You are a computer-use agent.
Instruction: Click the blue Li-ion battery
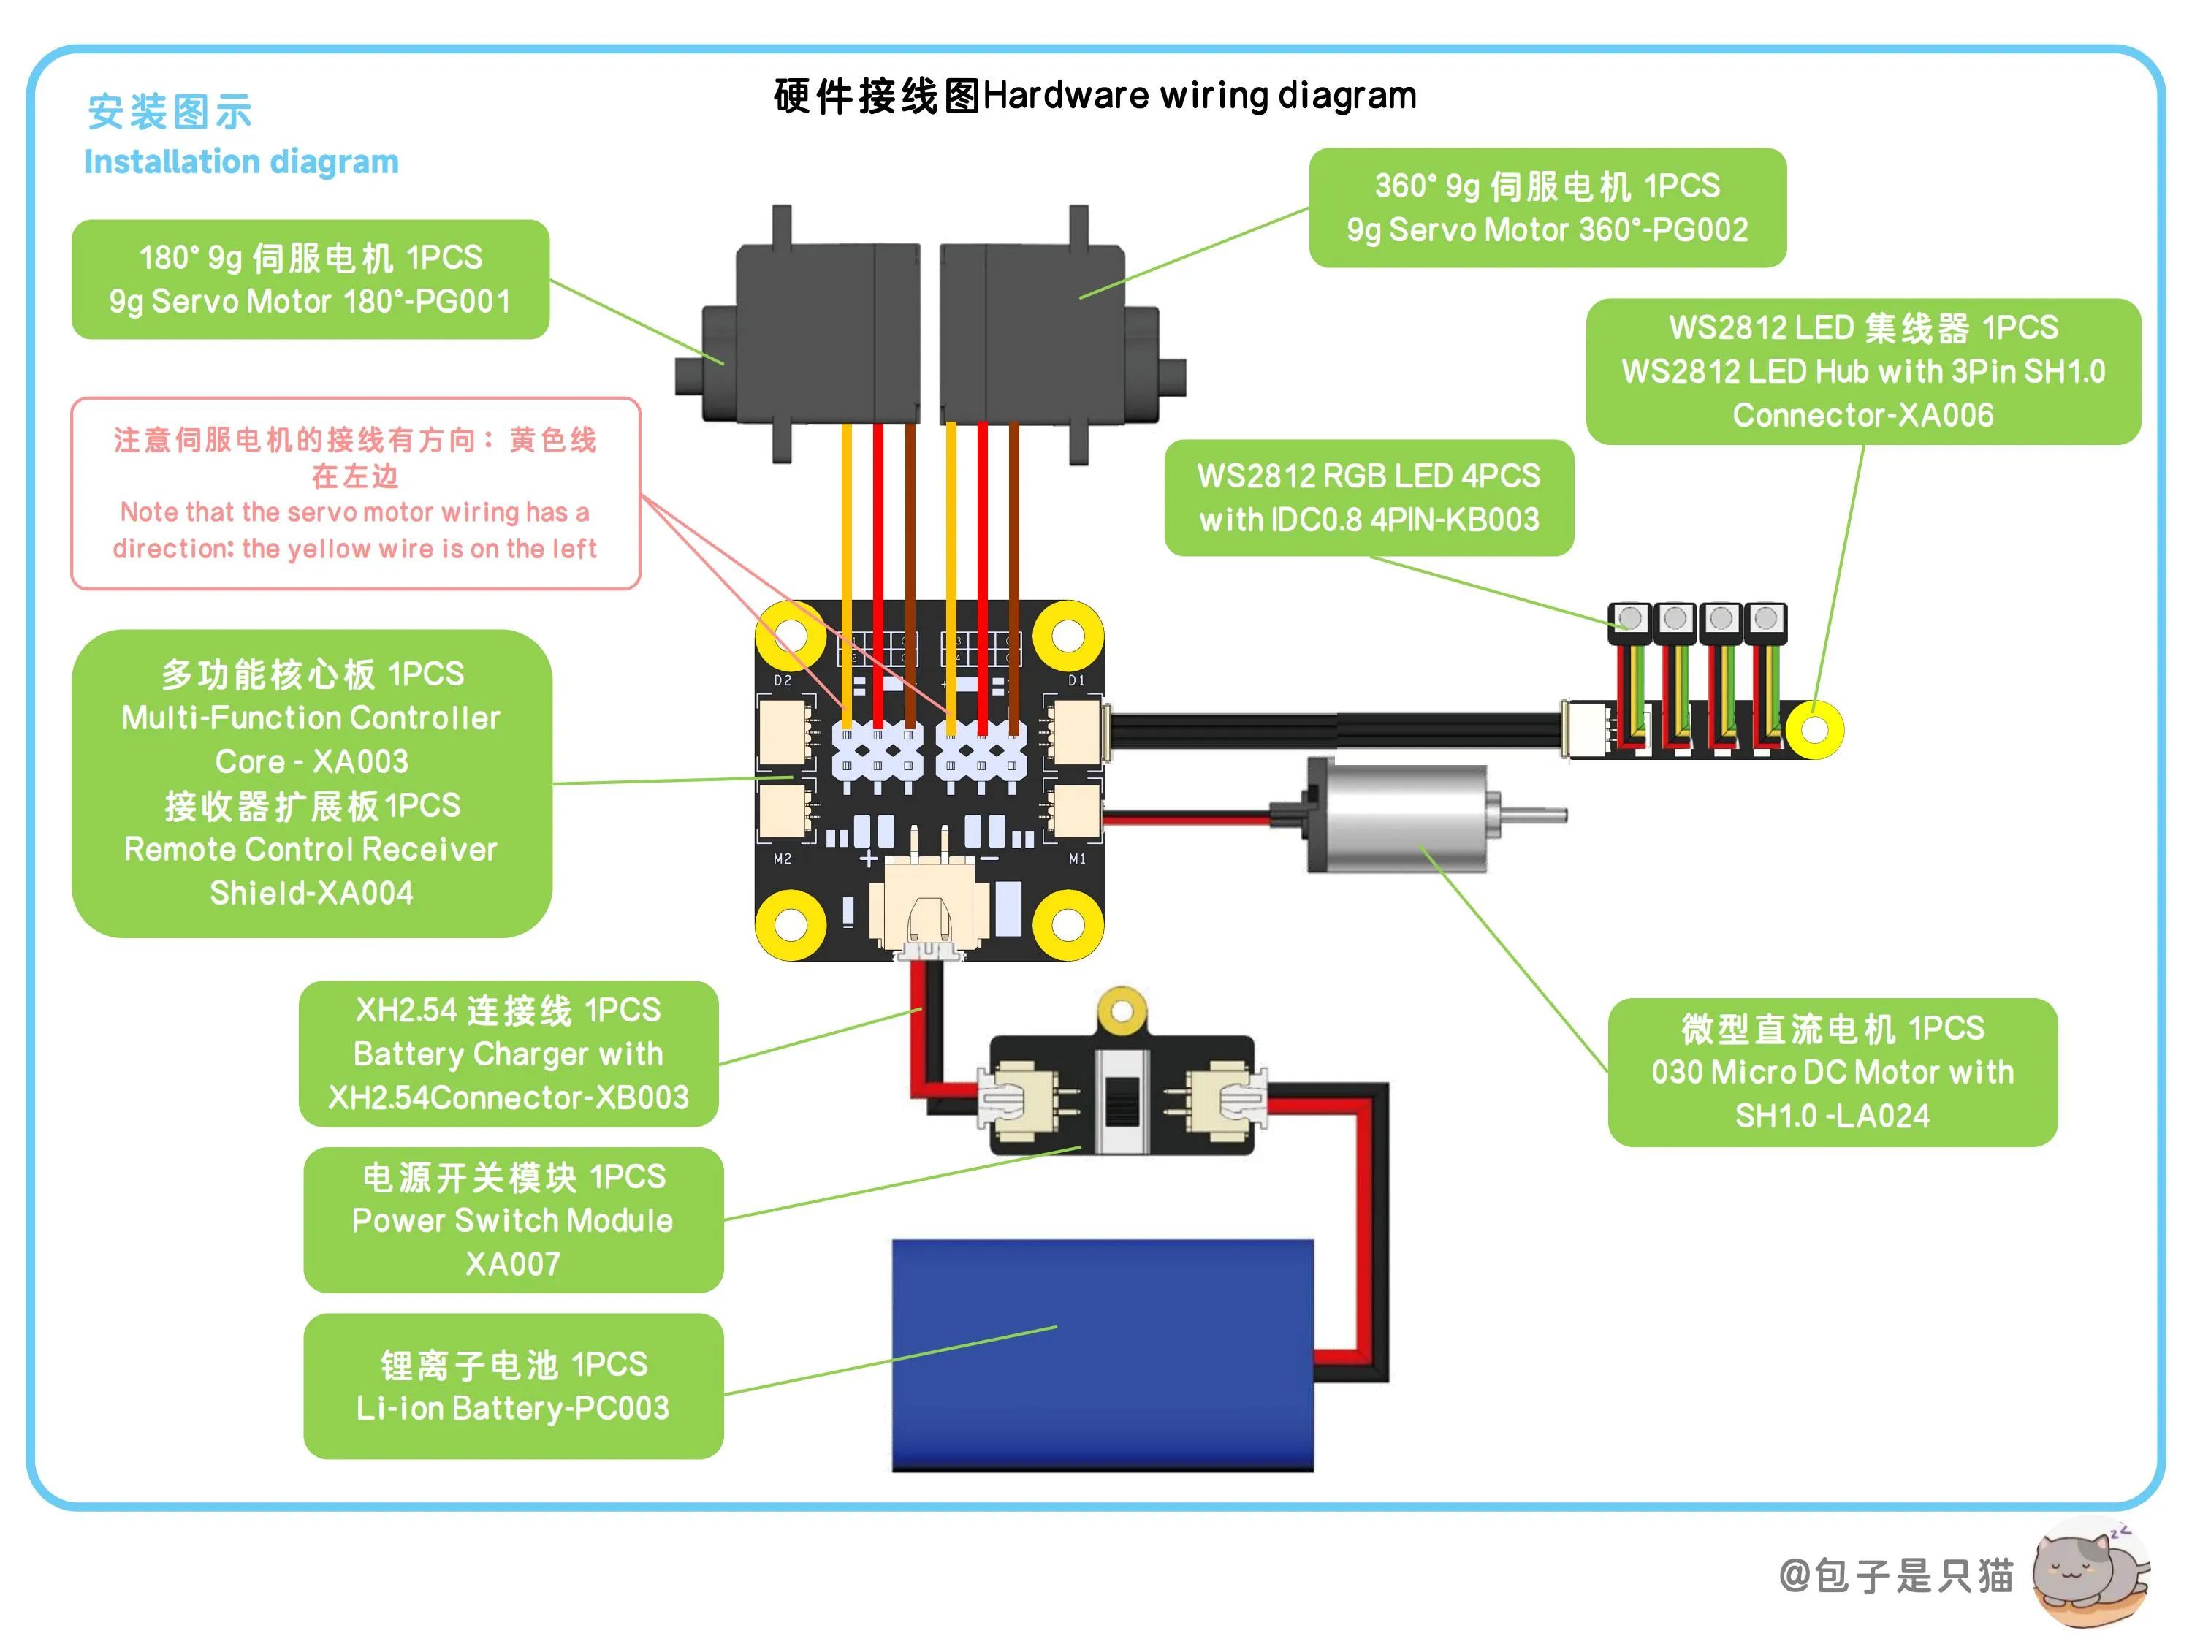tap(1102, 1355)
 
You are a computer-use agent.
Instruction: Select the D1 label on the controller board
tap(1076, 681)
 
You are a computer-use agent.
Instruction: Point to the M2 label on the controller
tap(782, 859)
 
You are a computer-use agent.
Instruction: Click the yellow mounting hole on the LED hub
tap(1814, 731)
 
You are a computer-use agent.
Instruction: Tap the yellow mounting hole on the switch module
tap(1122, 1012)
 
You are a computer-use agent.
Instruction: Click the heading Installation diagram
tap(242, 161)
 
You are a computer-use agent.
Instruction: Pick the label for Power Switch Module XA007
tap(514, 1220)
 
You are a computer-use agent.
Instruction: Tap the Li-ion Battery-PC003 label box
tap(514, 1386)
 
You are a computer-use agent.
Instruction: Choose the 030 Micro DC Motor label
tap(1833, 1072)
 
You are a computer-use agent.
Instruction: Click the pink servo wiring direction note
tap(356, 493)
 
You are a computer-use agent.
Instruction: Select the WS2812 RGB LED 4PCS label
tap(1369, 498)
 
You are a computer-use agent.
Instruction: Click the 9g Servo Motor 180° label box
tap(311, 279)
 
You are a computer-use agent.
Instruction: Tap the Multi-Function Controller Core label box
tap(311, 783)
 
